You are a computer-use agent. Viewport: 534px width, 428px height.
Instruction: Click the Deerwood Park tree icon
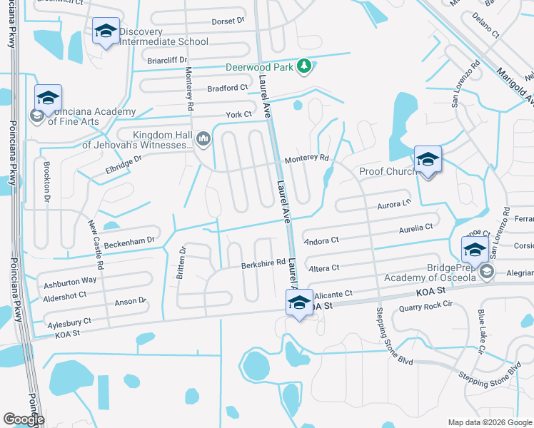pos(305,66)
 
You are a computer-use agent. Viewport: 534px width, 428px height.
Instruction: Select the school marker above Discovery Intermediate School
pos(106,31)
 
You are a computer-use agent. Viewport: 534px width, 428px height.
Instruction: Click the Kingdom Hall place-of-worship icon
pos(203,138)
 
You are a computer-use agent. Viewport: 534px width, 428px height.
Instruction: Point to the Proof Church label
pos(387,171)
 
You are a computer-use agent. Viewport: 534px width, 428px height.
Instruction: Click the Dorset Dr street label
pos(229,21)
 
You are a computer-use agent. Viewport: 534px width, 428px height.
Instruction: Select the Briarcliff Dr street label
pos(166,60)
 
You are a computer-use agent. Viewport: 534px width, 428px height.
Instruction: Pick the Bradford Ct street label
pos(227,88)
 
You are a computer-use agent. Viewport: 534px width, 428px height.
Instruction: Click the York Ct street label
pos(239,114)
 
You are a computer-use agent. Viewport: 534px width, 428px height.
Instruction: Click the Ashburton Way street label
pos(70,281)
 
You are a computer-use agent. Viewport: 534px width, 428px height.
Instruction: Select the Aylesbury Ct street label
pos(69,322)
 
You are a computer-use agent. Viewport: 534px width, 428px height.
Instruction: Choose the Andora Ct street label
pos(321,241)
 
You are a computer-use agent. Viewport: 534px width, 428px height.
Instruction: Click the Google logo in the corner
pos(24,420)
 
